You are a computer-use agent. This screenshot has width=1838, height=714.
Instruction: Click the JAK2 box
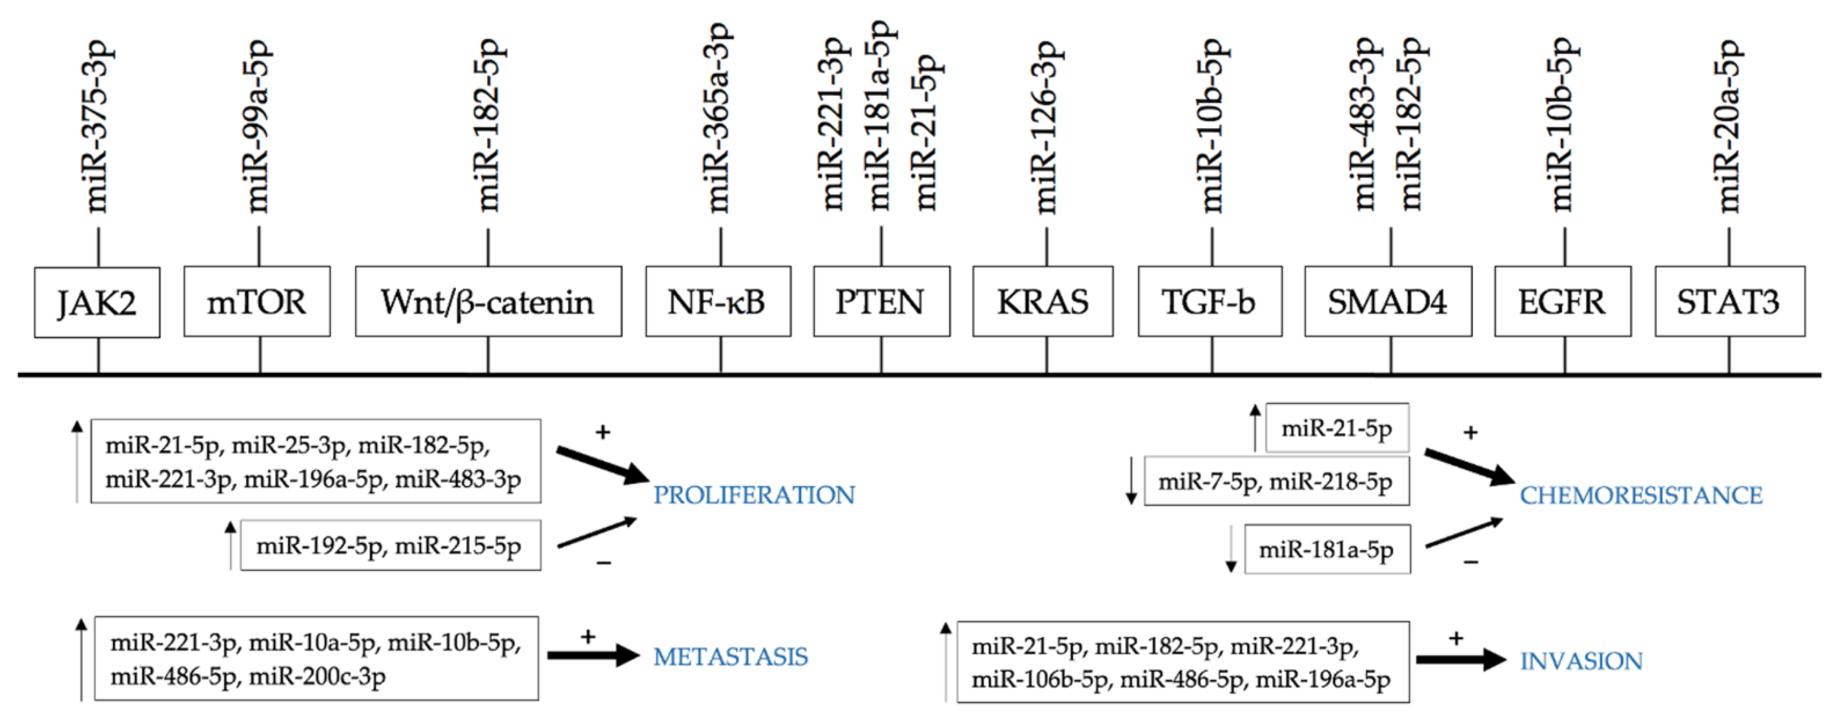point(97,302)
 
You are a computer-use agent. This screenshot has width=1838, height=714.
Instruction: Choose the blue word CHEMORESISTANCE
point(1641,495)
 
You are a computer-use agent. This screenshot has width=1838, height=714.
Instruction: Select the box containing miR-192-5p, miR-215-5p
point(390,545)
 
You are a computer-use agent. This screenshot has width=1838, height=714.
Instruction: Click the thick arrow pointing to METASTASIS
point(592,655)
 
